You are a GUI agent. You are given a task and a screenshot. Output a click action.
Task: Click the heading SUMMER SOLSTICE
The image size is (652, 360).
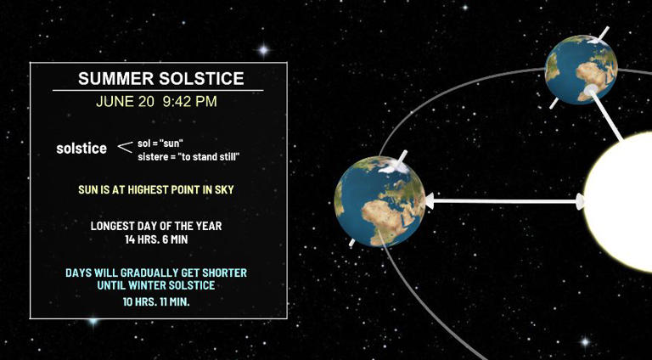click(x=160, y=79)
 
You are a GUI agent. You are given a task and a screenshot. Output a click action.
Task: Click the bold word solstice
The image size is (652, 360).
click(x=81, y=149)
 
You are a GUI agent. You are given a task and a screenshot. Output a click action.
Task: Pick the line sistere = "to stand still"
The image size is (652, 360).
click(x=188, y=156)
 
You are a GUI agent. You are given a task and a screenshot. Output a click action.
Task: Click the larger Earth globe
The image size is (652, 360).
click(x=379, y=202)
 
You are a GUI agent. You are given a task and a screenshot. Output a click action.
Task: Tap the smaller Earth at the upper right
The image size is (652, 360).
click(x=582, y=70)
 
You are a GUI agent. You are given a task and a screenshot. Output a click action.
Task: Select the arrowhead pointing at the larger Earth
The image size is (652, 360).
click(x=430, y=201)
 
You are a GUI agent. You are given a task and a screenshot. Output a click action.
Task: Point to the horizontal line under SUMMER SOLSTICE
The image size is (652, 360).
click(x=158, y=90)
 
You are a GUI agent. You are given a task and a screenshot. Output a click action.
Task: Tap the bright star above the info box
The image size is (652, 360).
click(x=263, y=50)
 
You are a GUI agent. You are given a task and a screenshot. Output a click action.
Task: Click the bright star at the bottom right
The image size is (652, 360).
click(x=584, y=341)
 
